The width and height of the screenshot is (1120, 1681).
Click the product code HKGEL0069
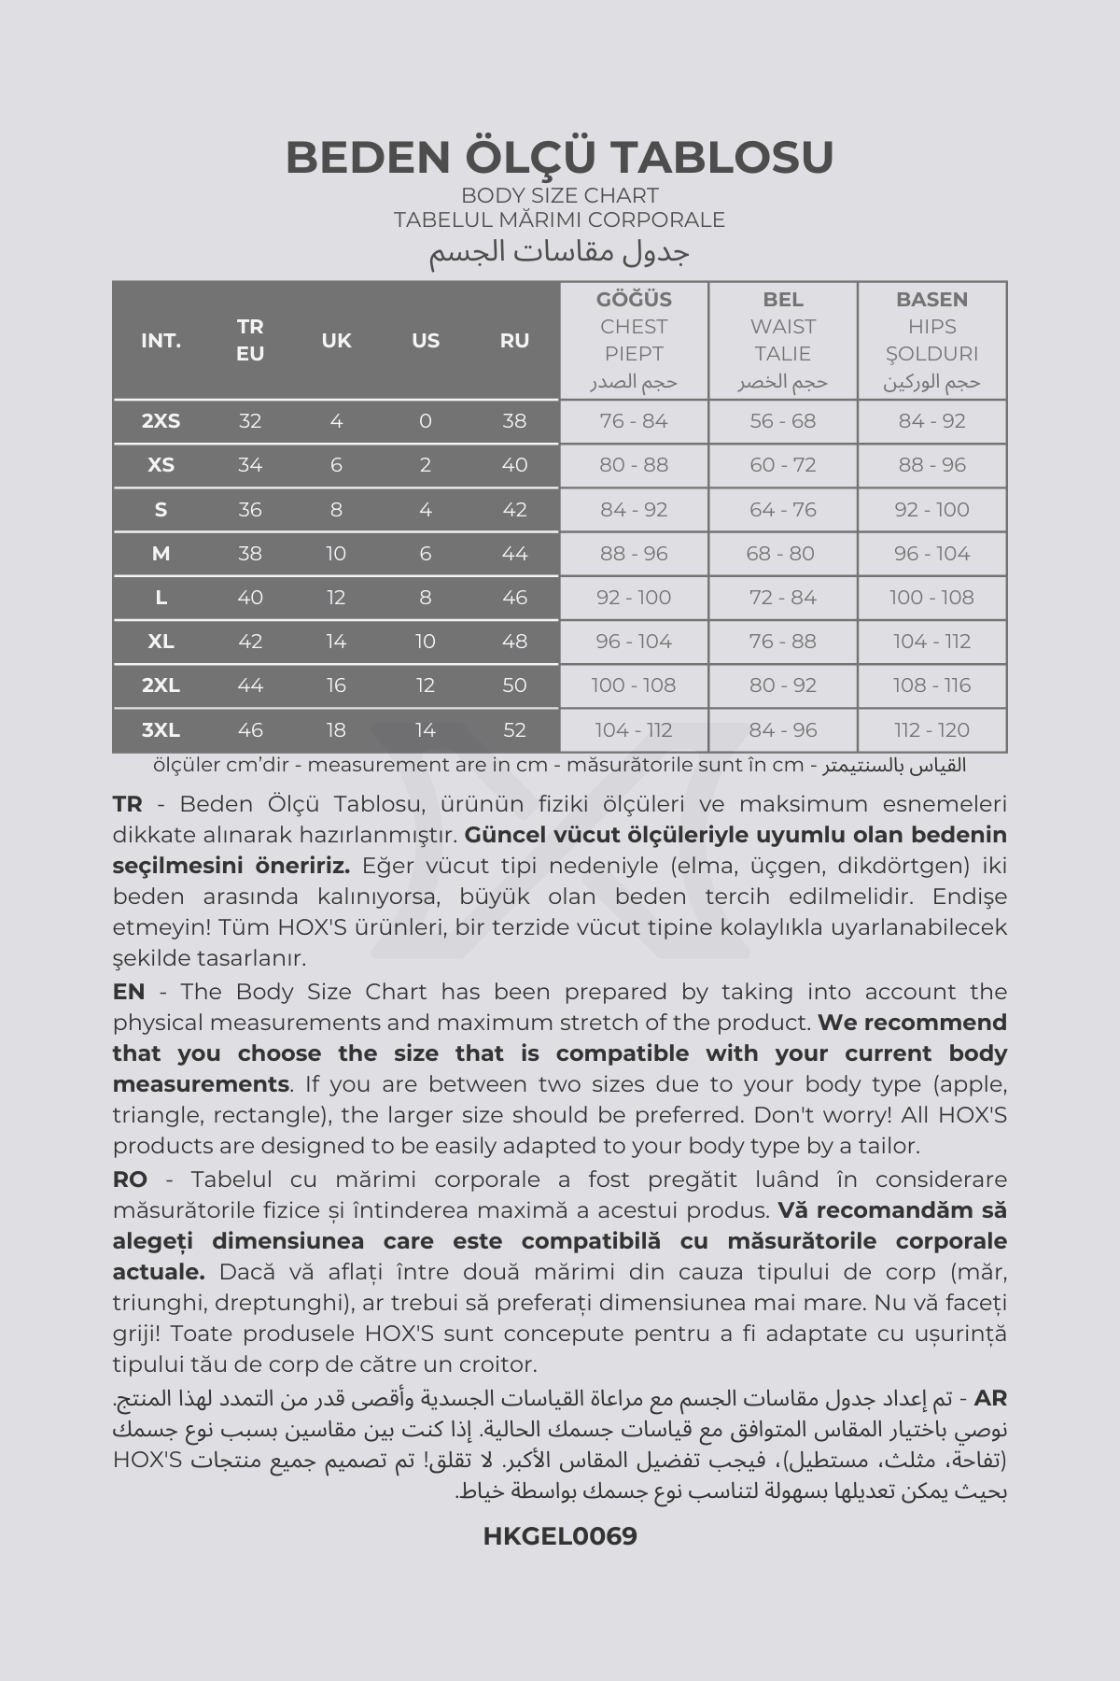coord(560,1536)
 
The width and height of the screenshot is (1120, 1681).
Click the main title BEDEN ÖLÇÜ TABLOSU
coord(560,157)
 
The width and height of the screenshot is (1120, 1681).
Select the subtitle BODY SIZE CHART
coord(560,195)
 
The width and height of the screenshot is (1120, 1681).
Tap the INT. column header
coord(161,341)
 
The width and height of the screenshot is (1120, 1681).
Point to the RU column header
coord(514,341)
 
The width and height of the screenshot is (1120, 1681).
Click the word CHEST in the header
coord(634,327)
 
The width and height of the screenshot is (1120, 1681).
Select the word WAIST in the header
coord(782,327)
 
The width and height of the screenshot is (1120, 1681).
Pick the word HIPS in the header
coord(931,327)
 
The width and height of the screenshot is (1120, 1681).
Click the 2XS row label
coord(161,421)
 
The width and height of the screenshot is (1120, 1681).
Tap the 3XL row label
coord(161,730)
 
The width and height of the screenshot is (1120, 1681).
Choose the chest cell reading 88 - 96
coord(634,554)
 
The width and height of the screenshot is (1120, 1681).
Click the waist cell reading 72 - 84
coord(782,598)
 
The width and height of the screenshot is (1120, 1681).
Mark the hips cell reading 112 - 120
coord(931,730)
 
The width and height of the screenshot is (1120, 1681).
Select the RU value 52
coord(514,730)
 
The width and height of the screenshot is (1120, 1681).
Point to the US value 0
coord(426,421)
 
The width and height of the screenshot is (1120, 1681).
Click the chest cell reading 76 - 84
coord(634,421)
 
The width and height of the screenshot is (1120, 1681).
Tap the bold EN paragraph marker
coord(129,992)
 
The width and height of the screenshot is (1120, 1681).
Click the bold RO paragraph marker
coord(130,1180)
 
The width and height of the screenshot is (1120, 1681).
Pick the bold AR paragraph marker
coord(990,1399)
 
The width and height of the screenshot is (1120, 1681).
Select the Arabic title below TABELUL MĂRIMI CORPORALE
coord(560,252)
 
